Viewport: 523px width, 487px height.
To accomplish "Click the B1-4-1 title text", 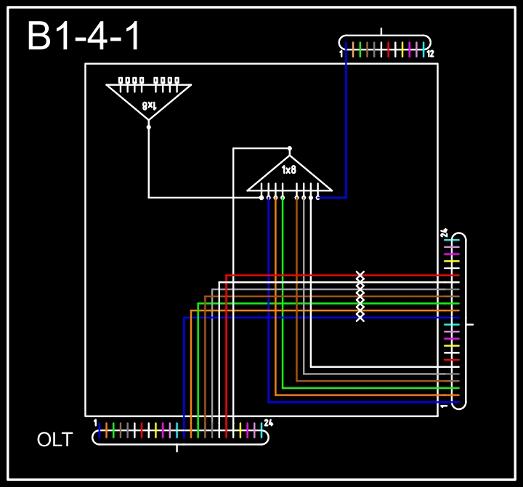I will click(x=84, y=36).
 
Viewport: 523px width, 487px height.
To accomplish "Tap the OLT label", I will click(x=55, y=440).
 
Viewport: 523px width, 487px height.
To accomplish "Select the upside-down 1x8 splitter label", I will click(x=149, y=105).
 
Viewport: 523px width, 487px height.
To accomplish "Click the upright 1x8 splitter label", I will click(x=289, y=169).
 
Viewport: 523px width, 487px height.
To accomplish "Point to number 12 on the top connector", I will click(x=430, y=54).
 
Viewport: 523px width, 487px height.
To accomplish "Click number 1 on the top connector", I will click(x=341, y=54).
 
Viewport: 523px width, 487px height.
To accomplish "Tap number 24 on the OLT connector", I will click(x=268, y=423).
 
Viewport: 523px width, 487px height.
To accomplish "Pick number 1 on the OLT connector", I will click(x=95, y=422).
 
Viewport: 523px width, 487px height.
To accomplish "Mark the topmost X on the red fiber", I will click(x=360, y=275).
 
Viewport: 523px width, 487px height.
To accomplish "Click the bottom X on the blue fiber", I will click(x=360, y=317).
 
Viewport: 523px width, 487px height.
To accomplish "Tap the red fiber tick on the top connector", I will click(x=389, y=49).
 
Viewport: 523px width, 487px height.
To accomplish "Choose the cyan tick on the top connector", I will click(x=423, y=49).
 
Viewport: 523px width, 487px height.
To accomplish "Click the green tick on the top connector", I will click(x=360, y=49).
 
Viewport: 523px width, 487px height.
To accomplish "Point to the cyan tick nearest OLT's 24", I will click(x=261, y=430).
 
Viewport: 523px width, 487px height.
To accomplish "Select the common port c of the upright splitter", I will click(x=317, y=197).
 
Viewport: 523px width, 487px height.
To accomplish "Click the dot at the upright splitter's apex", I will click(x=290, y=148).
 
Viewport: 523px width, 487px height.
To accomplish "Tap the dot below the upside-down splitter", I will click(x=149, y=126).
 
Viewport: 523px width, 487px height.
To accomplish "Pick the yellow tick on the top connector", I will click(x=402, y=49).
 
